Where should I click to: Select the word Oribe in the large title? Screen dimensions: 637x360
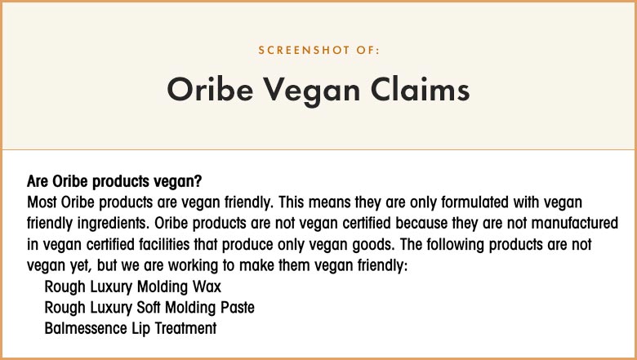(x=210, y=89)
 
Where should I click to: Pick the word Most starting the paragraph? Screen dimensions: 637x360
(x=42, y=202)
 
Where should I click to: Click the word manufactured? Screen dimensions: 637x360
(x=574, y=223)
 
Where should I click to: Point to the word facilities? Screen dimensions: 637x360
(x=164, y=244)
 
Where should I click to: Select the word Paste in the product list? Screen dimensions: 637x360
(x=238, y=308)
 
